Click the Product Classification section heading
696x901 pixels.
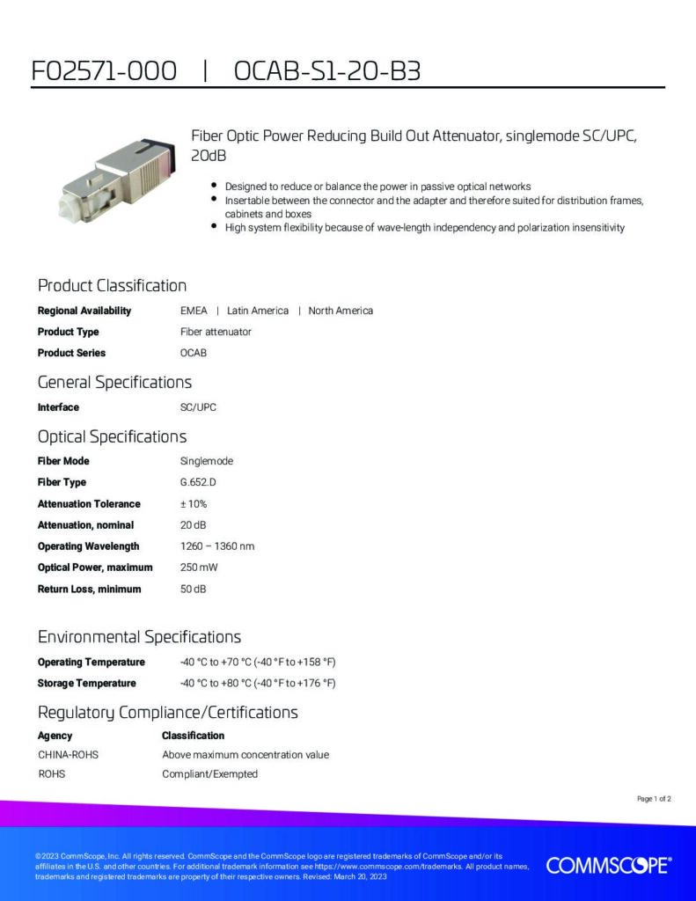[112, 285]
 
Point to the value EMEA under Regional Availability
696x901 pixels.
[194, 311]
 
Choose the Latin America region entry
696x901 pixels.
[258, 311]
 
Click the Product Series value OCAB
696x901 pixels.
[194, 353]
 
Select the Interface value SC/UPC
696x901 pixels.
[198, 407]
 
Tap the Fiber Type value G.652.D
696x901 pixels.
[198, 482]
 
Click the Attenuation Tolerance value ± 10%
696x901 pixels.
[194, 504]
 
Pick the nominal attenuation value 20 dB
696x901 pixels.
[194, 525]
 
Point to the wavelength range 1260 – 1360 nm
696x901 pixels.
[217, 546]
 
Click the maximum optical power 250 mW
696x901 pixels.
[199, 568]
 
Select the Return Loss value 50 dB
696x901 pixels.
[194, 589]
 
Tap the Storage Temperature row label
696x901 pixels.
[86, 684]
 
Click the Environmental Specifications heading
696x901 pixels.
[139, 636]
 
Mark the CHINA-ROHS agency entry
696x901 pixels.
[68, 755]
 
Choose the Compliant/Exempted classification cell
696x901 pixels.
[209, 774]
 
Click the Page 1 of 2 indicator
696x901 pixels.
[654, 799]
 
